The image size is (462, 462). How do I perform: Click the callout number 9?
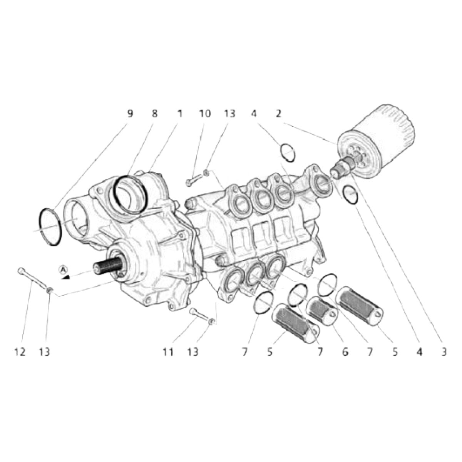130,114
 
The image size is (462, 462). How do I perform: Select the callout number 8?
154,114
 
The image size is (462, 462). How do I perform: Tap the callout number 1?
179,114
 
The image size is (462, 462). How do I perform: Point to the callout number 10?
205,114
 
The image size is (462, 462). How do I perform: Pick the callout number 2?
278,114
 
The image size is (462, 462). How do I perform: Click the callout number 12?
20,352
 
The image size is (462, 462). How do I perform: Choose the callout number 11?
168,352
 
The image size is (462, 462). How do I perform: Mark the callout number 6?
345,352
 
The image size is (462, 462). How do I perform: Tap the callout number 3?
444,352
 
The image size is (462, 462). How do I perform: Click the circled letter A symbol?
63,269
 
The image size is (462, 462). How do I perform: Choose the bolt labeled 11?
199,314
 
